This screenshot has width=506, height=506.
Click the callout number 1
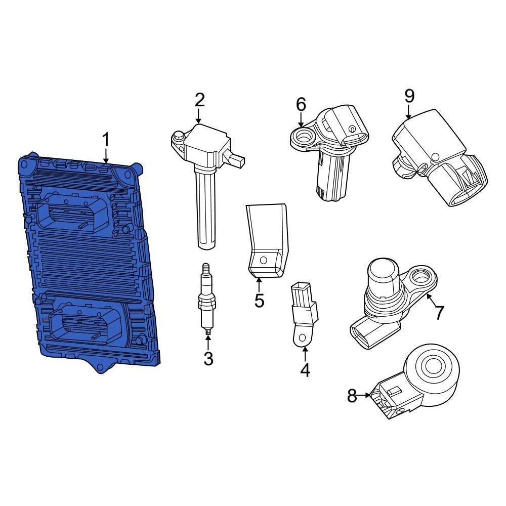(x=106, y=140)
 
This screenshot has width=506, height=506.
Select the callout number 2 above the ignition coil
(x=199, y=100)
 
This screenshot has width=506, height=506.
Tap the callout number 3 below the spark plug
(x=208, y=359)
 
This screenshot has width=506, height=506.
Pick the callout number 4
(x=305, y=370)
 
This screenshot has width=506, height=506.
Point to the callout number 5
(x=259, y=301)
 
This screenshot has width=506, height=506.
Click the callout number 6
(x=301, y=105)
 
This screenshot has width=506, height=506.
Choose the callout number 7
(x=439, y=313)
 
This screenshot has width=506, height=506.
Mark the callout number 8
(x=352, y=396)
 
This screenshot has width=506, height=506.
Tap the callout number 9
(x=409, y=96)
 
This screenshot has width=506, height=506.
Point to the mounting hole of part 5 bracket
(x=263, y=261)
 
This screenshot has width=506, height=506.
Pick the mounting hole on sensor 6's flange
(x=305, y=136)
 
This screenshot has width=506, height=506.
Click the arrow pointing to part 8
(x=366, y=396)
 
